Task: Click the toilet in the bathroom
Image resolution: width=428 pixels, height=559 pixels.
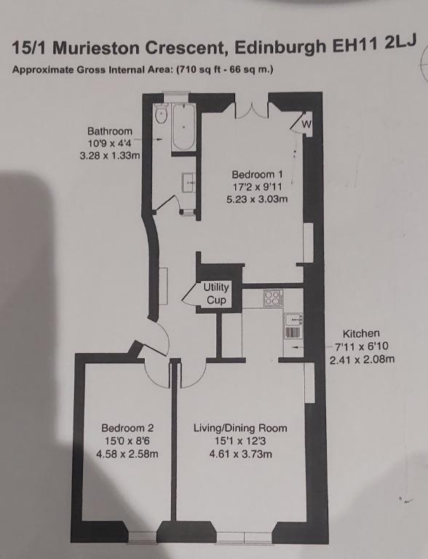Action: coord(161,114)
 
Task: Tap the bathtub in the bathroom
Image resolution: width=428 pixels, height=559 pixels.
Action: coord(183,127)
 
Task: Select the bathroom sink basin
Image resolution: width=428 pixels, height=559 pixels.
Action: coord(189,183)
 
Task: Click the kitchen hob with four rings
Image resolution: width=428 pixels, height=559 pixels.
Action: coord(273,298)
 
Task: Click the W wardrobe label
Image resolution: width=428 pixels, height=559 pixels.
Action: coord(306,124)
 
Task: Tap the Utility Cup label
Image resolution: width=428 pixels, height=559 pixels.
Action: coord(216,293)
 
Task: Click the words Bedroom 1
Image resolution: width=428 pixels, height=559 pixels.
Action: coord(257,175)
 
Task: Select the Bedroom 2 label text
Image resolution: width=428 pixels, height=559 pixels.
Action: coord(127,428)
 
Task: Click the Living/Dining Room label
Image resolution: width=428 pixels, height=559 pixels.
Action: coord(240,428)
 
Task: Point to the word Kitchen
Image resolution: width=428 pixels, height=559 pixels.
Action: coord(361,333)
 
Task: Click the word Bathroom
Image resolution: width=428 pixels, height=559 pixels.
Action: coord(110,131)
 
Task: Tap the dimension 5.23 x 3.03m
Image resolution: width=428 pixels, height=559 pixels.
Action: coord(257,199)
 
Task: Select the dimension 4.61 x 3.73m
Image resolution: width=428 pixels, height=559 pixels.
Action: coord(241,454)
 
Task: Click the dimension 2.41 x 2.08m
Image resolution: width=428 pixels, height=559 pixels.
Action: coord(362,360)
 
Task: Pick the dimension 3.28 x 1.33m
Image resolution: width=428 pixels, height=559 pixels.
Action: coord(110,156)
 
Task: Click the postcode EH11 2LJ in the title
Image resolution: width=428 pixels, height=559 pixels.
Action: coord(374,45)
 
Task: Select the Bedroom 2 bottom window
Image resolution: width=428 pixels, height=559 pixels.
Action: coord(142,538)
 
